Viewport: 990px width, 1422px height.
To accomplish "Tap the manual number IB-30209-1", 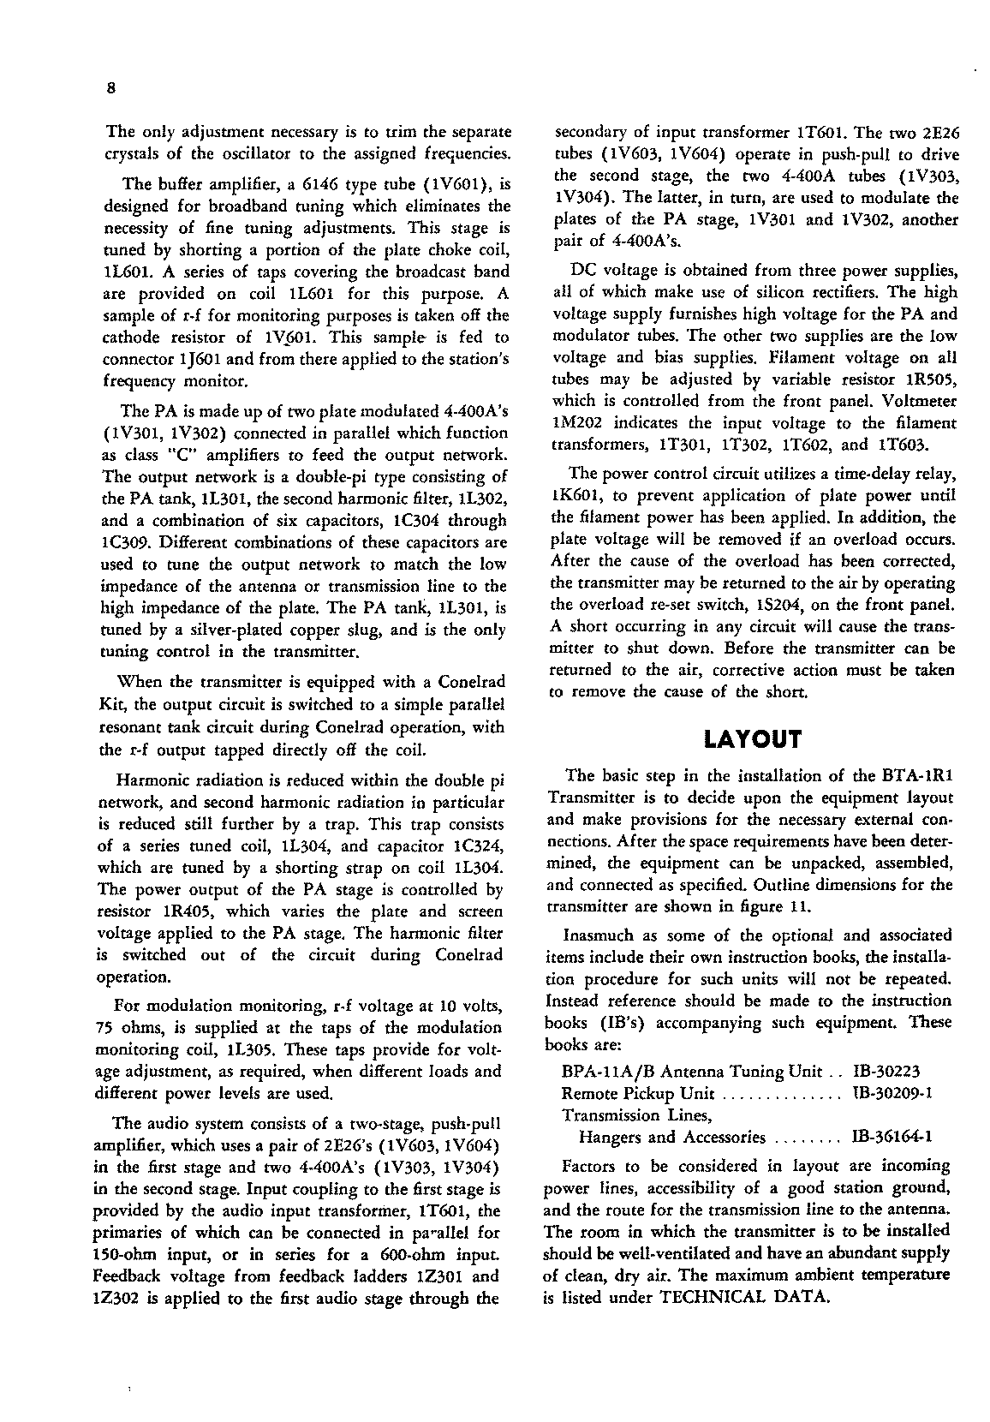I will click(892, 1094).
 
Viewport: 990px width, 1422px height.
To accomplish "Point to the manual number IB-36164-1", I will click(892, 1138).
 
